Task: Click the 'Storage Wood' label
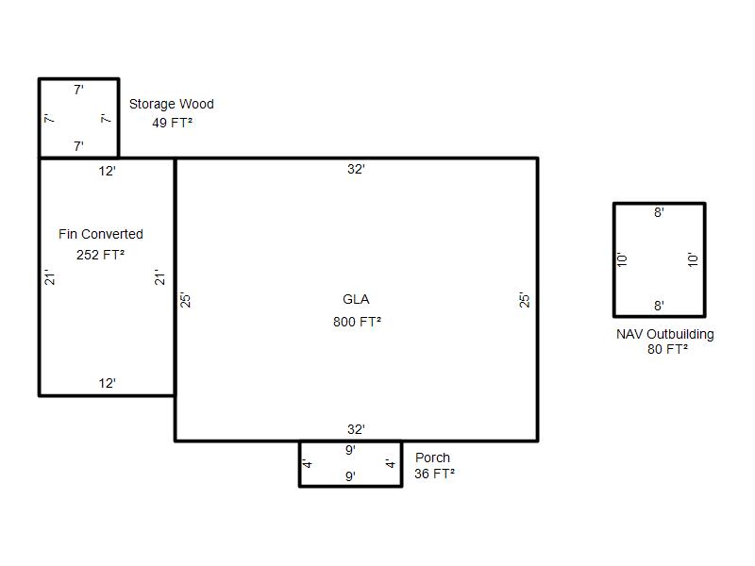172,104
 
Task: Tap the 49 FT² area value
173,123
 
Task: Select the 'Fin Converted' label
101,234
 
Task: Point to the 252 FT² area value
101,255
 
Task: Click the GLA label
356,299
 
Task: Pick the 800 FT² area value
358,322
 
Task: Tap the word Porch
432,458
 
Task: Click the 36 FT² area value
434,474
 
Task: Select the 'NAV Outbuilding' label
665,334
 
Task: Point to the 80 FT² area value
667,349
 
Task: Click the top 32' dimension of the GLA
356,169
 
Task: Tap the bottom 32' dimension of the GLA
356,429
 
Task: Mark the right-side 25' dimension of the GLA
524,300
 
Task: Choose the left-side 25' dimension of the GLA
185,300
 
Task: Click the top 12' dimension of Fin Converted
107,171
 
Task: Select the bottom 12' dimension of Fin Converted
107,383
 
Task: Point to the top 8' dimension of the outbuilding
659,212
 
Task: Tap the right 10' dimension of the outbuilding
693,260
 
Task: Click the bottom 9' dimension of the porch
350,476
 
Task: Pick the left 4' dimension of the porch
307,463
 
